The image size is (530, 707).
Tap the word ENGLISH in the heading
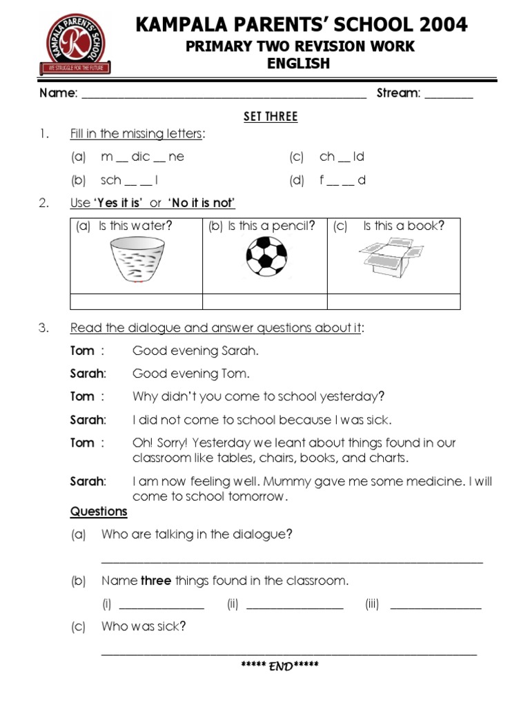tap(298, 64)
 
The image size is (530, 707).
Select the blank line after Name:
tap(224, 97)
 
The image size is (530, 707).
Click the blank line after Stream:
tap(449, 97)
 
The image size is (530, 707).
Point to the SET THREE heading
tap(271, 117)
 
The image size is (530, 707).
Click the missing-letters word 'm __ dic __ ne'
tap(143, 157)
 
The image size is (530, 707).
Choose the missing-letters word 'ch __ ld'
tap(342, 157)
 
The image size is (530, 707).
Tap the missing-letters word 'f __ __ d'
tap(342, 180)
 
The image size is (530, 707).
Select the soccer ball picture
tap(266, 258)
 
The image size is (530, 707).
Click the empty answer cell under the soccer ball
tap(264, 302)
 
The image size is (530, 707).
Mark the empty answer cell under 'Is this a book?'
tap(393, 302)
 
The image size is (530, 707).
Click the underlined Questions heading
tap(99, 512)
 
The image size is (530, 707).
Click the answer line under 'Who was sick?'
tap(288, 650)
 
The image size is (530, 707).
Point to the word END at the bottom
tap(279, 666)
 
